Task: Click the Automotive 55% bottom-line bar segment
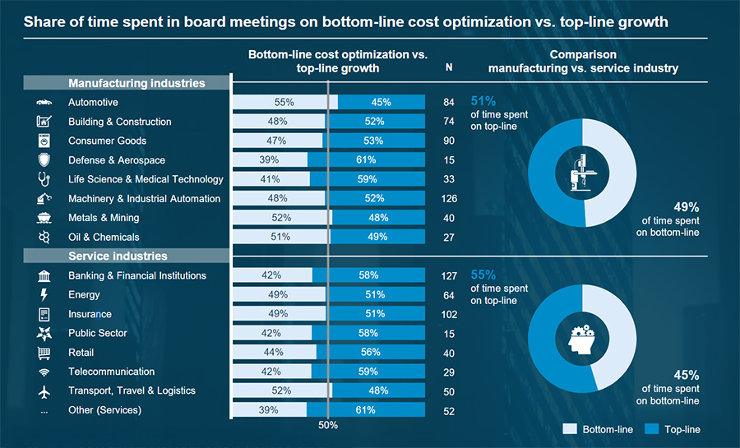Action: [x=284, y=103]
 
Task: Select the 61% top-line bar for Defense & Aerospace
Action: [x=366, y=160]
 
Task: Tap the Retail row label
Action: [x=81, y=353]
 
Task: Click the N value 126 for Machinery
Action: [x=449, y=199]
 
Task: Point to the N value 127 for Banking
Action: [x=449, y=276]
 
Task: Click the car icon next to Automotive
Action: [x=44, y=103]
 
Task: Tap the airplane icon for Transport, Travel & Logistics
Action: [x=44, y=391]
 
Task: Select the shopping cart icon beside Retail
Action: [x=44, y=353]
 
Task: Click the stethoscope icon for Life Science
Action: [x=44, y=179]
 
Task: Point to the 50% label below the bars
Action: [x=328, y=426]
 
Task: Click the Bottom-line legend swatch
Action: [x=570, y=429]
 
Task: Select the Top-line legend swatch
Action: [x=654, y=429]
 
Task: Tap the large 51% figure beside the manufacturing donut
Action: [x=483, y=101]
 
